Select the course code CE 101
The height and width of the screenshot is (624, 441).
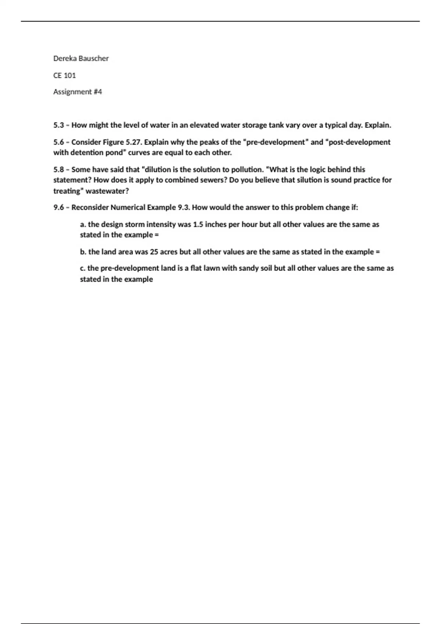point(64,75)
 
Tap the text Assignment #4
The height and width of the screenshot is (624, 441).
point(78,92)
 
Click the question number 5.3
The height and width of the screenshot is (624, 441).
point(58,125)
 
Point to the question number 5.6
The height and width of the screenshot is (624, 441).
point(58,142)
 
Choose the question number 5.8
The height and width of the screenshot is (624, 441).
point(58,170)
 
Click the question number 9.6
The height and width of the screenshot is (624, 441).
point(58,207)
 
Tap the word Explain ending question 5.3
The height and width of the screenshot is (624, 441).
point(377,125)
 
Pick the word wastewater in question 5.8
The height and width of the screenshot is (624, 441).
point(107,191)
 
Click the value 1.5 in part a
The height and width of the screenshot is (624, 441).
point(198,224)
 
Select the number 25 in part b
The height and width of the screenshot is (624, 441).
point(154,252)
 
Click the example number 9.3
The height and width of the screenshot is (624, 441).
point(184,207)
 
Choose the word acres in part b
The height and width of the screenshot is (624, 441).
point(169,252)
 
